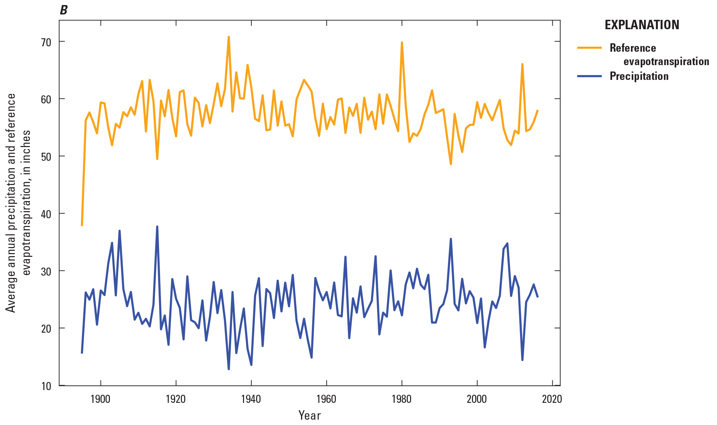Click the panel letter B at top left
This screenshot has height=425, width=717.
pyautogui.click(x=64, y=10)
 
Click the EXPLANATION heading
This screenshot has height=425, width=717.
pyautogui.click(x=642, y=25)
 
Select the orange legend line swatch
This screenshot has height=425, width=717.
pyautogui.click(x=589, y=48)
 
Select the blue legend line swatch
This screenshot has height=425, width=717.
pyautogui.click(x=589, y=76)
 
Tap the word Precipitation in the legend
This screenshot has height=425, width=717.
pyautogui.click(x=639, y=76)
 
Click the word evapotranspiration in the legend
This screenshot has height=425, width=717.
pyautogui.click(x=666, y=62)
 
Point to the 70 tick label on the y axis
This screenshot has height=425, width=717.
pyautogui.click(x=46, y=42)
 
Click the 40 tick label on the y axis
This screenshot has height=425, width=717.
pyautogui.click(x=46, y=214)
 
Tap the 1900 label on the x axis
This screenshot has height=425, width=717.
pyautogui.click(x=101, y=399)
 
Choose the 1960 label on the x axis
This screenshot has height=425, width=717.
pyautogui.click(x=326, y=399)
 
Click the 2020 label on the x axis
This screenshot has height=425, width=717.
pyautogui.click(x=552, y=399)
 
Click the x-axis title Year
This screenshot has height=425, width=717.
pyautogui.click(x=310, y=416)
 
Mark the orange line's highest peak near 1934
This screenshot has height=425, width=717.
pyautogui.click(x=229, y=37)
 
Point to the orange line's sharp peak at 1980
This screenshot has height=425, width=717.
pyautogui.click(x=402, y=43)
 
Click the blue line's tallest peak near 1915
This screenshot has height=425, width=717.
pyautogui.click(x=157, y=227)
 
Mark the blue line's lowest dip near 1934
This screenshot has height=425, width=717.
pyautogui.click(x=229, y=369)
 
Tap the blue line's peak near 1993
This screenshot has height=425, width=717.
pyautogui.click(x=451, y=239)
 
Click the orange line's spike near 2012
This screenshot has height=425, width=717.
pyautogui.click(x=522, y=64)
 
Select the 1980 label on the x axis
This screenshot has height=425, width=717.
pyautogui.click(x=401, y=399)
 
